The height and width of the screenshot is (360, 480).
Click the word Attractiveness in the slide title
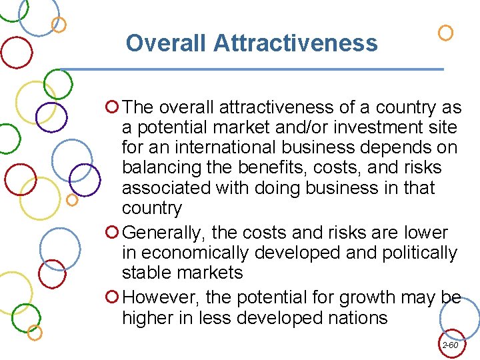click(295, 43)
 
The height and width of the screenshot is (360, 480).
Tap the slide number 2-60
click(450, 345)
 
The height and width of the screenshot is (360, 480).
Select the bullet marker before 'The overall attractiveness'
click(112, 107)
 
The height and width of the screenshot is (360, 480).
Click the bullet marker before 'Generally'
click(112, 233)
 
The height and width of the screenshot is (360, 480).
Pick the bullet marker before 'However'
click(112, 297)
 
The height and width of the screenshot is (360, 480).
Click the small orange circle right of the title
click(446, 32)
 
